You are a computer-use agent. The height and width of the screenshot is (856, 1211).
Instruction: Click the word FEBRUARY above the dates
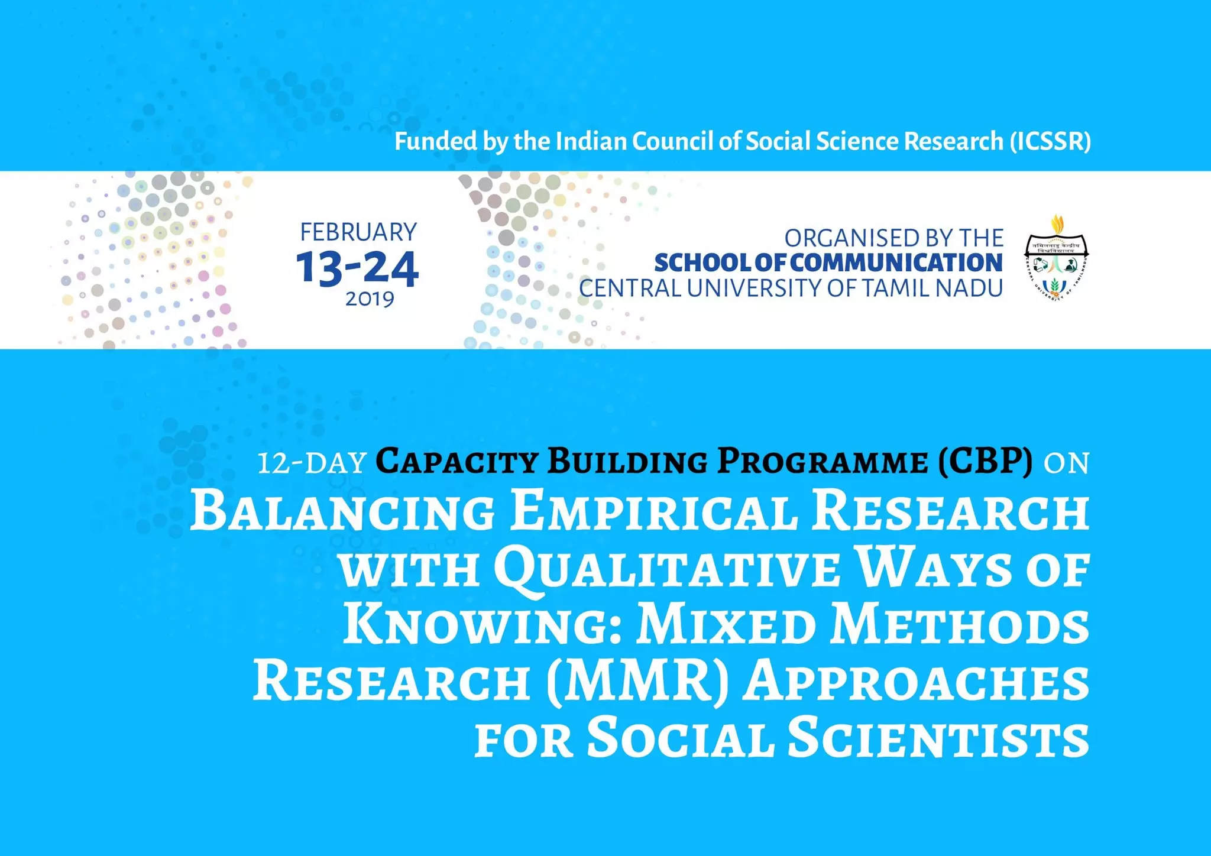tap(358, 232)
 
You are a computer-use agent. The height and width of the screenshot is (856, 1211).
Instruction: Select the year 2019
tap(370, 300)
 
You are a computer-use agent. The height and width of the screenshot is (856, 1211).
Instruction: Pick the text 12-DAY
tap(312, 462)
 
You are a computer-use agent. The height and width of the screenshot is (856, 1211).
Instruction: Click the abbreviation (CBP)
tap(985, 461)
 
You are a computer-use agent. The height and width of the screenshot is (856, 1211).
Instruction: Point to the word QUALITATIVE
tap(666, 568)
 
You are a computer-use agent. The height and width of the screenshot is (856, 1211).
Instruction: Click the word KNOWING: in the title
tap(481, 625)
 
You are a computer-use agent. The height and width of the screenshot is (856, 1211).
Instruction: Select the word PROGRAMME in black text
tap(823, 461)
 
